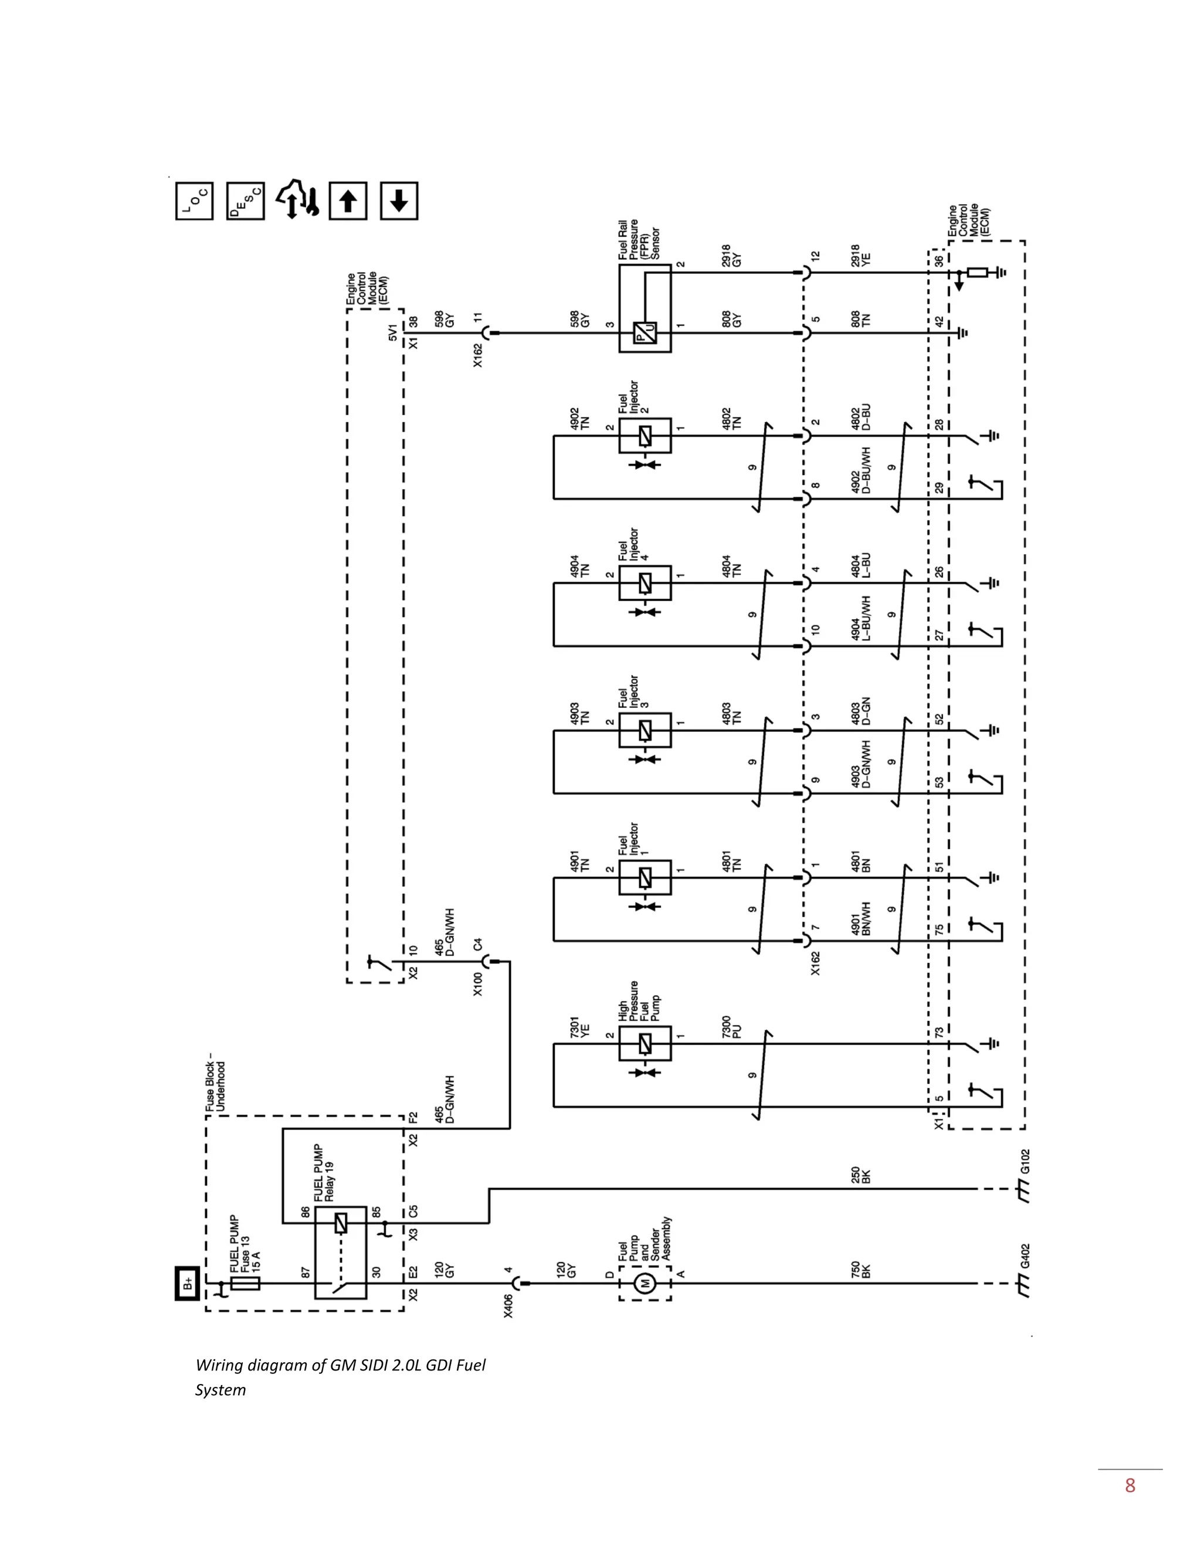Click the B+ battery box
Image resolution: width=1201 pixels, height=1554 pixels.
[187, 1284]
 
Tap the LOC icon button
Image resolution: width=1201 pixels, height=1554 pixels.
[194, 201]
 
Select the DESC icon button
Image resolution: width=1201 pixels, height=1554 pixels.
[246, 201]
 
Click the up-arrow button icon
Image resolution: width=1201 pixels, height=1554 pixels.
[348, 201]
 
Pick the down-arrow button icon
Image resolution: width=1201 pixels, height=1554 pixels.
[399, 201]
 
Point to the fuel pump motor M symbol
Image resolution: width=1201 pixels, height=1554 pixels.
[645, 1284]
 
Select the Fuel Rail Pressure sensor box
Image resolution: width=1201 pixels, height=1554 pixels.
[644, 308]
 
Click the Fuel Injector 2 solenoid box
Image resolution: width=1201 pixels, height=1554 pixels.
[644, 436]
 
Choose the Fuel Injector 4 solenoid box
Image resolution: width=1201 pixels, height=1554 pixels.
[644, 583]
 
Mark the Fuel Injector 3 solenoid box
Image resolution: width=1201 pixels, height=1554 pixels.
[644, 731]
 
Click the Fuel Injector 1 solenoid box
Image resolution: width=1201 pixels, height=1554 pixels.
[644, 878]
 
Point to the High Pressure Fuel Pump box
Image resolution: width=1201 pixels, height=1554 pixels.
[644, 1044]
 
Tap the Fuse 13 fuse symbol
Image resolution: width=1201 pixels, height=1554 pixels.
[246, 1284]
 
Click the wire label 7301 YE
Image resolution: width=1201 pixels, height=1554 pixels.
[580, 1027]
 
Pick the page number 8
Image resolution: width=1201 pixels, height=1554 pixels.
[1130, 1486]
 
